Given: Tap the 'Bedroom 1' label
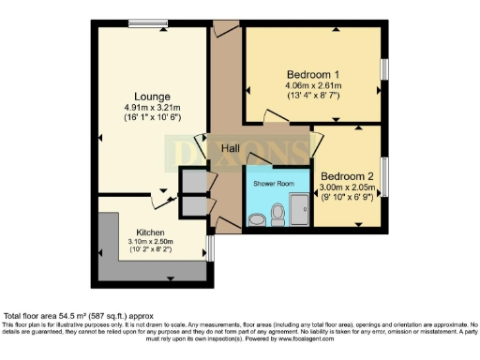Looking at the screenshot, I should pyautogui.click(x=312, y=74).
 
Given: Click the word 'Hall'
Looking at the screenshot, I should pyautogui.click(x=232, y=149).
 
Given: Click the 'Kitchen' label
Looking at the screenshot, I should pyautogui.click(x=151, y=232).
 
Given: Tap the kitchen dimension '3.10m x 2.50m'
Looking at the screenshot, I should pyautogui.click(x=151, y=242).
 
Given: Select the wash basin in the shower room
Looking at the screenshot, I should pyautogui.click(x=257, y=219).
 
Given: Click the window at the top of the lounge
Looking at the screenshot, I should pyautogui.click(x=142, y=22).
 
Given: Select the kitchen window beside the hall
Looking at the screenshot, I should pyautogui.click(x=208, y=247).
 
